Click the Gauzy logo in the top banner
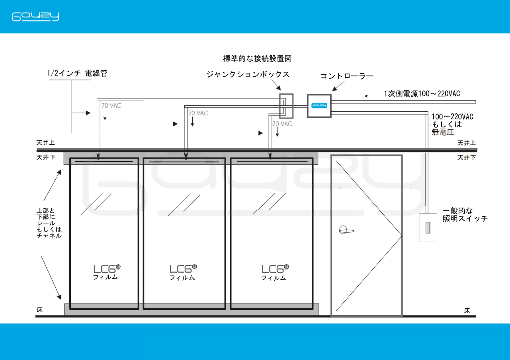pos(35,17)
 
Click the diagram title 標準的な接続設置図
pos(257,59)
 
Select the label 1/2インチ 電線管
pos(77,74)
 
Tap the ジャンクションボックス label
pos(248,74)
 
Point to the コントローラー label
pos(347,76)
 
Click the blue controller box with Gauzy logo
pos(319,106)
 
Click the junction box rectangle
pos(286,106)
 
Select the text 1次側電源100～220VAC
pos(422,94)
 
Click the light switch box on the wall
pos(428,228)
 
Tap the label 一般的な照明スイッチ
pos(465,215)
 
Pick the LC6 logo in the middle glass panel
pos(183,269)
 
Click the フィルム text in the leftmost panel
pos(106,278)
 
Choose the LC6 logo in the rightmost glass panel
pos(275,269)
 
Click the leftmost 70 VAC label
pos(111,106)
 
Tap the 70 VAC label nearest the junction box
pos(282,124)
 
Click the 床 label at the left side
pos(40,309)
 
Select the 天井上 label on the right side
pos(466,143)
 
